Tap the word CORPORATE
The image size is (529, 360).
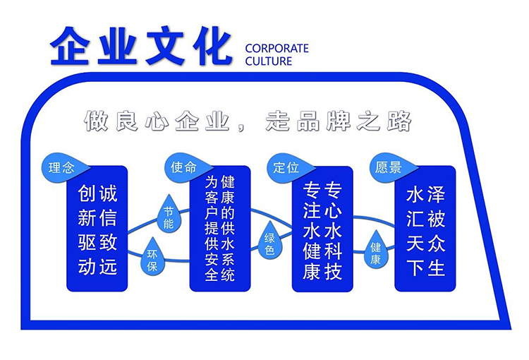click(x=276, y=48)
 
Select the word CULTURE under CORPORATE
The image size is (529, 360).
click(x=268, y=61)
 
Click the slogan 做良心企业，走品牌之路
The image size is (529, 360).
click(x=248, y=121)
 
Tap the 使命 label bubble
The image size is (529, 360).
click(x=184, y=167)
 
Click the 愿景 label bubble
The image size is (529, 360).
click(x=389, y=168)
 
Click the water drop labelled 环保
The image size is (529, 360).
click(x=151, y=260)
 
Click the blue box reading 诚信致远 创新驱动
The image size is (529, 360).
click(x=97, y=229)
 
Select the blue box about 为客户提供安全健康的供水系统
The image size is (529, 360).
click(x=219, y=229)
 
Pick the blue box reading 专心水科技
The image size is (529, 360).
click(x=322, y=229)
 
